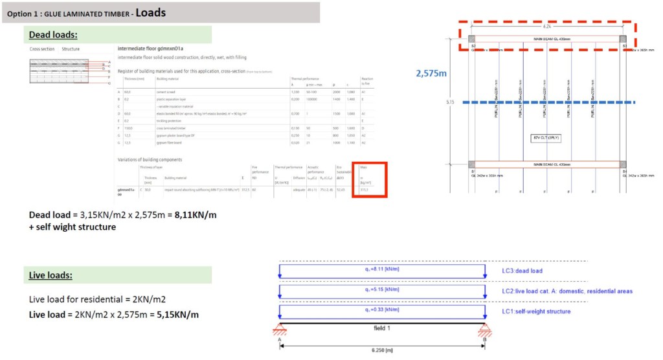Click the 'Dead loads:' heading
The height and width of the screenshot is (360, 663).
58,34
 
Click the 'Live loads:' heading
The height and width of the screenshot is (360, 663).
51,275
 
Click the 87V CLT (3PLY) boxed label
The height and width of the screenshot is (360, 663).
546,138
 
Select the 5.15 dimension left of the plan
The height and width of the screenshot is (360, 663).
450,102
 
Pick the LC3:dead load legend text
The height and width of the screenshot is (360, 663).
528,270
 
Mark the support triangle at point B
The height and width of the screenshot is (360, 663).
484,332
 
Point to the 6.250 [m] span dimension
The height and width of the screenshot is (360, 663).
382,350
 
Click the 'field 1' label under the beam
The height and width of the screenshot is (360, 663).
382,328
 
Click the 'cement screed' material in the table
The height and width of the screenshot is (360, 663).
167,92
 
